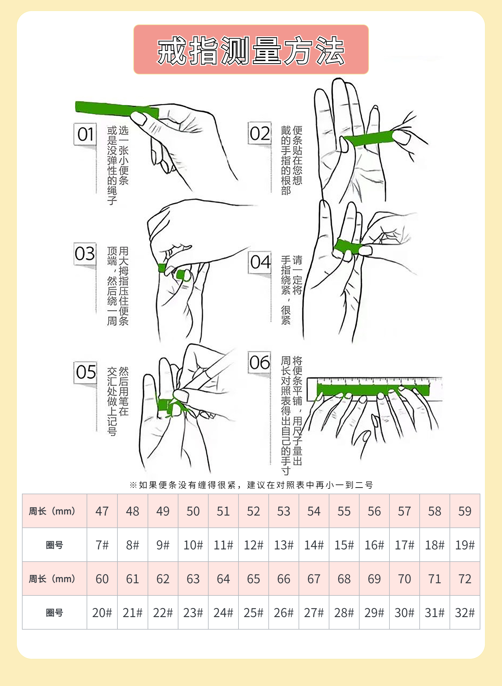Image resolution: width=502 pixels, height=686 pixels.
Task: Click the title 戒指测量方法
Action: pyautogui.click(x=251, y=50)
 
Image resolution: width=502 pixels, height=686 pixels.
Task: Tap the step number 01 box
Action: pyautogui.click(x=85, y=134)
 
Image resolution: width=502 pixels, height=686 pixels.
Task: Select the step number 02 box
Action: pyautogui.click(x=260, y=133)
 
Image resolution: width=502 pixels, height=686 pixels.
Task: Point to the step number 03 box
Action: pyautogui.click(x=85, y=254)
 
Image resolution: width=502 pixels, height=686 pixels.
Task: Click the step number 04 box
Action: pyautogui.click(x=260, y=262)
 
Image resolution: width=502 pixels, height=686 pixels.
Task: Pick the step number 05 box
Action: pyautogui.click(x=85, y=372)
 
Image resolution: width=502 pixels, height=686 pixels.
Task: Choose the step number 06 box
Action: pyautogui.click(x=260, y=363)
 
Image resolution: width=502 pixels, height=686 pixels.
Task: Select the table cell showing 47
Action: pyautogui.click(x=102, y=511)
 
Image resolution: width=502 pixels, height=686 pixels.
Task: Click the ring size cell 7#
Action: pyautogui.click(x=102, y=545)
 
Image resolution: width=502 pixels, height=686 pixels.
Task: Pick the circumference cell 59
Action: pyautogui.click(x=465, y=511)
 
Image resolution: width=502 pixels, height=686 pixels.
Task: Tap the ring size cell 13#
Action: pyautogui.click(x=284, y=545)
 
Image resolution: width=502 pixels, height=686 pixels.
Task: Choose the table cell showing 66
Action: pyautogui.click(x=284, y=579)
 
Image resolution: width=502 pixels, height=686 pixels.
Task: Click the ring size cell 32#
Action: pyautogui.click(x=465, y=613)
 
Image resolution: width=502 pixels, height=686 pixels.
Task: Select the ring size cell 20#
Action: pyautogui.click(x=102, y=613)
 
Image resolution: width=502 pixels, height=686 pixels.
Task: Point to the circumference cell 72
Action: pyautogui.click(x=465, y=579)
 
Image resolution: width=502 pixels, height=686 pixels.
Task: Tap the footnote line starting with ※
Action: pyautogui.click(x=251, y=485)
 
